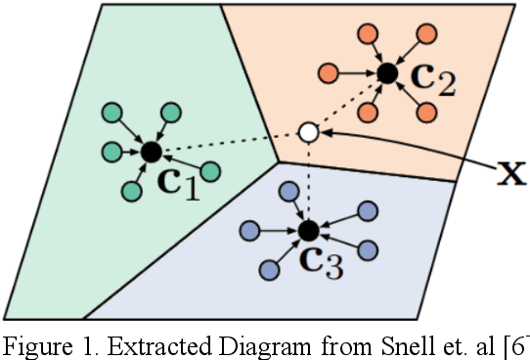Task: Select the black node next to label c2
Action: (386, 72)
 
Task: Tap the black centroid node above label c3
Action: (308, 231)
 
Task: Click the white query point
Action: (308, 131)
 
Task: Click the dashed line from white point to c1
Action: (230, 142)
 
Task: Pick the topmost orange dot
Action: (371, 31)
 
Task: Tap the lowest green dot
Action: (130, 189)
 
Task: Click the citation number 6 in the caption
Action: (518, 343)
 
